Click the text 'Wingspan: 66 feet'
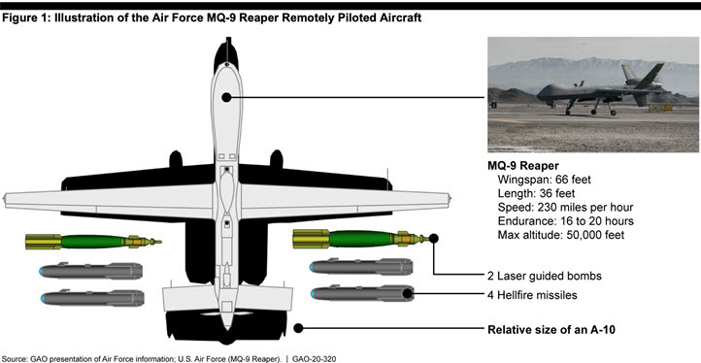(544, 180)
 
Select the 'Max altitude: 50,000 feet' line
(560, 235)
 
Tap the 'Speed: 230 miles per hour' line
(565, 208)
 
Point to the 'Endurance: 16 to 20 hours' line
(565, 221)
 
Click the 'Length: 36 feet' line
(536, 193)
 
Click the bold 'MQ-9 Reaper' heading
(523, 166)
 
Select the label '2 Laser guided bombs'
(545, 276)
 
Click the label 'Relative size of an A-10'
(551, 330)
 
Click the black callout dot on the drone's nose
(226, 97)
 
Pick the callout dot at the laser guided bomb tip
(433, 238)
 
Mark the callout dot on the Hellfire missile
(407, 293)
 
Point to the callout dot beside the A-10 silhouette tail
(298, 328)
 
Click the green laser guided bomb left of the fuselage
(93, 242)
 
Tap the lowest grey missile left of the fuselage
(92, 297)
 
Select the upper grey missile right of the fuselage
(361, 267)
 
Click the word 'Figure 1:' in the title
(26, 18)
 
